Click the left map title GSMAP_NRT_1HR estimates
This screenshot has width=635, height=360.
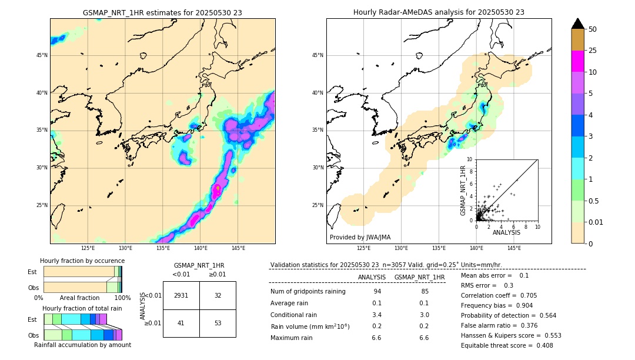point(162,12)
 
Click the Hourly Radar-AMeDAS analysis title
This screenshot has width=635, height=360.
point(439,12)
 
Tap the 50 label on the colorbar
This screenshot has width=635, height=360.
point(593,29)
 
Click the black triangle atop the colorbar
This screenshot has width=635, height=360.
point(578,24)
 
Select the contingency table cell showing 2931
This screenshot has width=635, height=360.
point(181,295)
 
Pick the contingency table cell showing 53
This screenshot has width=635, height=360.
point(218,323)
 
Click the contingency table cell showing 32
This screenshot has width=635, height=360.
point(218,295)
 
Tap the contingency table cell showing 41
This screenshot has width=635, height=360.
point(181,323)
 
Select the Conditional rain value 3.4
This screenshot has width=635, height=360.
point(377,315)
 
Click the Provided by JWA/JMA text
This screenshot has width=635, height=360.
point(360,237)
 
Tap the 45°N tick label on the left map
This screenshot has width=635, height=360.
point(42,55)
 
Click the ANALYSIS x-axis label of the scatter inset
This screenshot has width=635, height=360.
point(506,232)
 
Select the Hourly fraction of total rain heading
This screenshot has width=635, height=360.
point(82,308)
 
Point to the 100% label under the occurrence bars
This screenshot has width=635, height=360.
point(122,298)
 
